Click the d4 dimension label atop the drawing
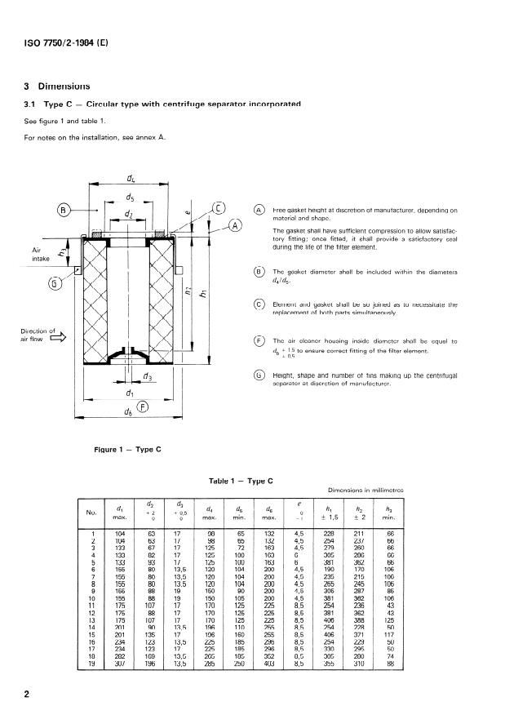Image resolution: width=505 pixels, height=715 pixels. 131,178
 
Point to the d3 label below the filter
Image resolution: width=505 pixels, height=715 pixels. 147,376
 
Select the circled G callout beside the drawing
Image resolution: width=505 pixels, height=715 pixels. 55,283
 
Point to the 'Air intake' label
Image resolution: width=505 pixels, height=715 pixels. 41,254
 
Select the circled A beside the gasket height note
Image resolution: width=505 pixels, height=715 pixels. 260,210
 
